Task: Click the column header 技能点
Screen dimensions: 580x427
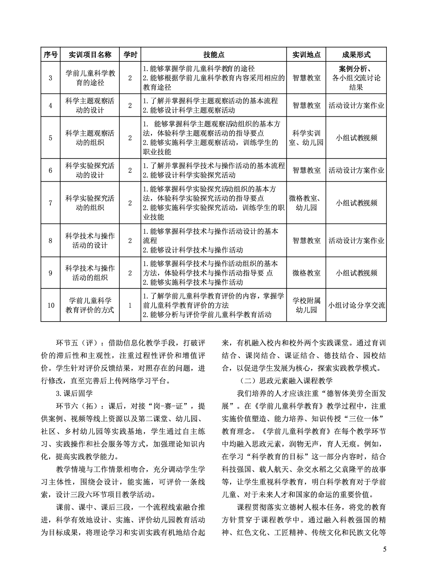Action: tap(214, 55)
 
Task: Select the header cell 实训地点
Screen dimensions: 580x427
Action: tap(307, 55)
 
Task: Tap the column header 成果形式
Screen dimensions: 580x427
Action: tap(356, 55)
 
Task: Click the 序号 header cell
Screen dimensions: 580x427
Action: tap(51, 55)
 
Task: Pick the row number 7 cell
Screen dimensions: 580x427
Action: tap(51, 203)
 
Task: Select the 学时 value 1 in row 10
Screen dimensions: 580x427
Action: tap(130, 305)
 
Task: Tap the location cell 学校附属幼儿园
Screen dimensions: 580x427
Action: tap(307, 305)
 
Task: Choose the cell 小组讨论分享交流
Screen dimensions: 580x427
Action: tap(356, 305)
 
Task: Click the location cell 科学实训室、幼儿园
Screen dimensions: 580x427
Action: tap(307, 138)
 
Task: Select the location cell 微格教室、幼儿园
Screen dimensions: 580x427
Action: tap(307, 203)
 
